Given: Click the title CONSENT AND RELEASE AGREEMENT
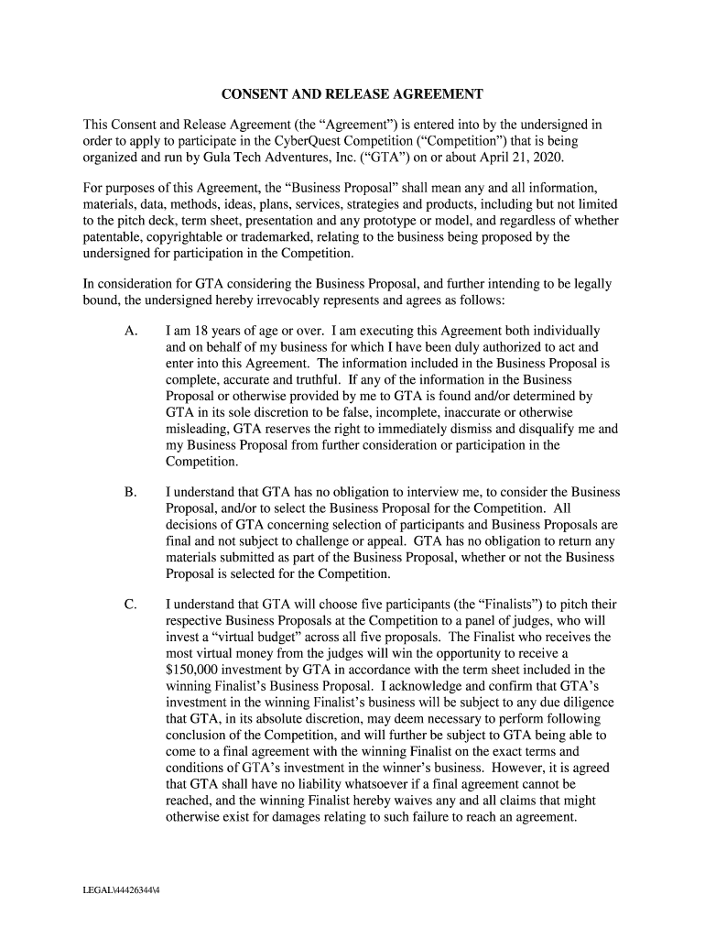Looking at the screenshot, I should [x=352, y=94].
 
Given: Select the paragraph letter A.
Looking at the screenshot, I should [x=131, y=331].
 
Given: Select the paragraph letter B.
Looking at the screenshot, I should [x=131, y=493].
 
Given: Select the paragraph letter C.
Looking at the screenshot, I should [x=131, y=605].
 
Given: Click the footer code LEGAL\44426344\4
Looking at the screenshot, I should [x=123, y=887].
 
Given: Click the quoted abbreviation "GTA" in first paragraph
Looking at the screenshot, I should [x=424, y=157].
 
